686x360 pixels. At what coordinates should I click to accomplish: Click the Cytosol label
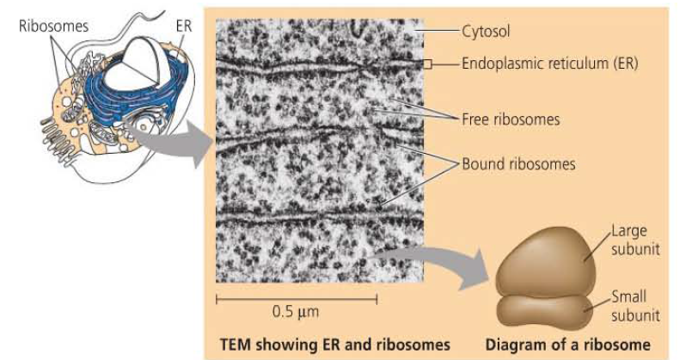point(486,33)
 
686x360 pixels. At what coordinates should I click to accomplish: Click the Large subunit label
point(634,238)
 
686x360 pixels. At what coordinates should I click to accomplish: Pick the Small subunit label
point(634,306)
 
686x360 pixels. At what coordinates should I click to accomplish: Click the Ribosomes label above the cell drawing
point(53,26)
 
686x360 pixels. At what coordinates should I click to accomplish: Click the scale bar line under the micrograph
point(296,298)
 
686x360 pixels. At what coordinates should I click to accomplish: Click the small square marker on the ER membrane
point(427,64)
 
